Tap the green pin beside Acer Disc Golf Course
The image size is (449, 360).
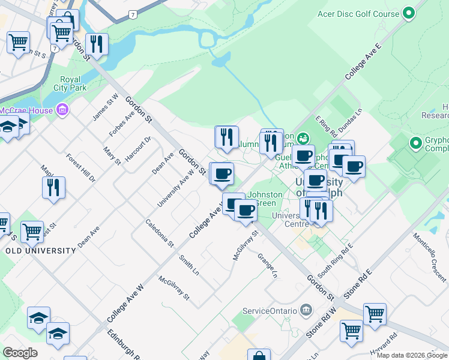click(409, 13)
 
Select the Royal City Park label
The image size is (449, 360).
click(70, 83)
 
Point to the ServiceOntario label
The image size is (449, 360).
click(270, 311)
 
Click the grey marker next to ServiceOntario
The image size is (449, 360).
click(307, 310)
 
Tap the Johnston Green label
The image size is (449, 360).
click(265, 199)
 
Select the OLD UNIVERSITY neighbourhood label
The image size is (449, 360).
click(41, 251)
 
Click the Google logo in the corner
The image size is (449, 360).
click(20, 352)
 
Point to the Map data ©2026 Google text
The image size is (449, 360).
click(412, 355)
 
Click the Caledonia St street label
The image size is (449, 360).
click(160, 233)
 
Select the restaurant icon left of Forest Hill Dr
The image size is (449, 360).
click(53, 188)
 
